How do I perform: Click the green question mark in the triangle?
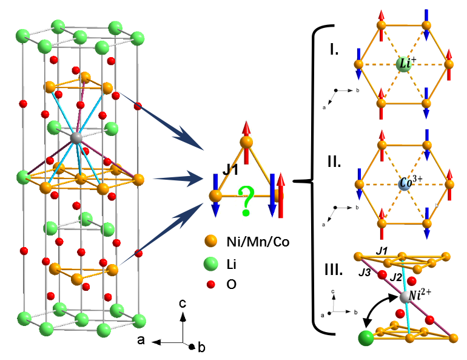tap(246, 202)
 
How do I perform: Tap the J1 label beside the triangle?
tap(230, 171)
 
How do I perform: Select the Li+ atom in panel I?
tap(404, 64)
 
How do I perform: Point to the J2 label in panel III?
tap(396, 277)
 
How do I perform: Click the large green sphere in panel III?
tap(366, 338)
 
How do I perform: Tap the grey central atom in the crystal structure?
tap(76, 138)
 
